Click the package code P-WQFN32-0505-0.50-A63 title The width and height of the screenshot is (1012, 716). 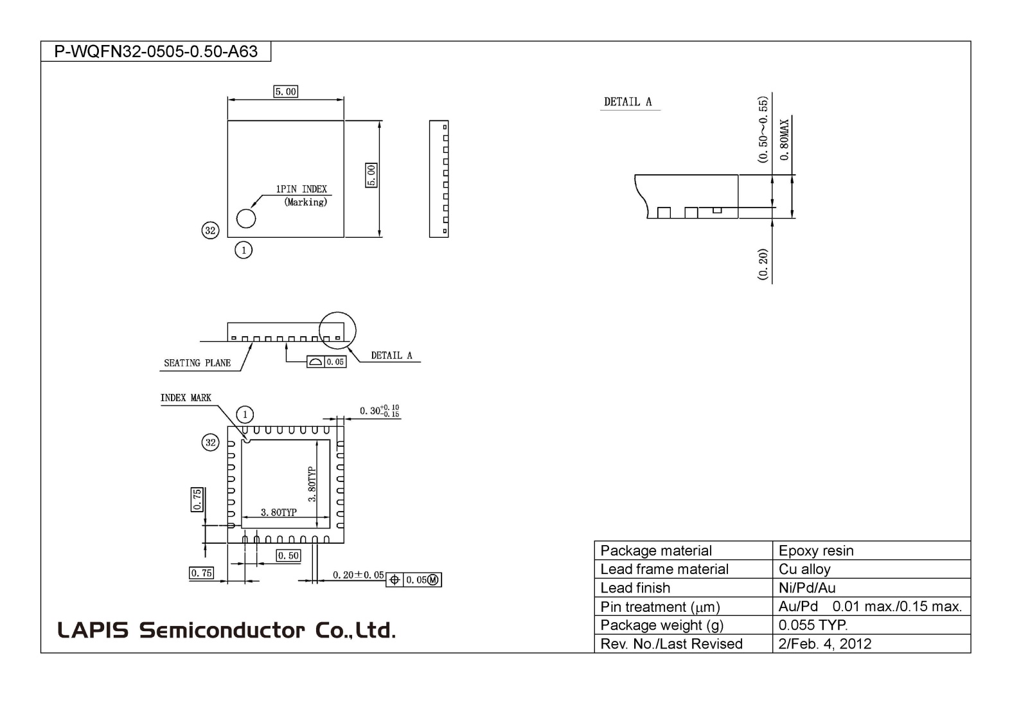(155, 51)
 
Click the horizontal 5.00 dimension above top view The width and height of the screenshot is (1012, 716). (286, 92)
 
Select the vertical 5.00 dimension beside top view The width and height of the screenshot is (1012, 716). (371, 175)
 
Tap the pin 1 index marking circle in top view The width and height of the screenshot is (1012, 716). (246, 219)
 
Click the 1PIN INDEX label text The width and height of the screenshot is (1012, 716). (301, 189)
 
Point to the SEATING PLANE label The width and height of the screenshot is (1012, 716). (197, 363)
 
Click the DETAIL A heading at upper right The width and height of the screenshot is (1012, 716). (628, 102)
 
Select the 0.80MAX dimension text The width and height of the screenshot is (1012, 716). (785, 139)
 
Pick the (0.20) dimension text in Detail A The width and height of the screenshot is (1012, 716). (763, 264)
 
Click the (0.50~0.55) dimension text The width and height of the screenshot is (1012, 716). (763, 130)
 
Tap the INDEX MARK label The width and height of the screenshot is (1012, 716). (186, 398)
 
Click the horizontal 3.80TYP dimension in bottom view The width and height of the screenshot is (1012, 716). (279, 512)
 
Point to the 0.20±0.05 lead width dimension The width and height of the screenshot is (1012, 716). (358, 575)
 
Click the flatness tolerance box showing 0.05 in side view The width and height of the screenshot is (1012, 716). (327, 362)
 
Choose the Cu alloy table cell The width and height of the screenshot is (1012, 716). (804, 569)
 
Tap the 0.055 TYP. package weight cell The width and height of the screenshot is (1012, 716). (813, 625)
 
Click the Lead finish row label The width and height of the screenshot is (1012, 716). (635, 588)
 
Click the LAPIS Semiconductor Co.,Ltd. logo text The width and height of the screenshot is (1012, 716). (226, 630)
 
